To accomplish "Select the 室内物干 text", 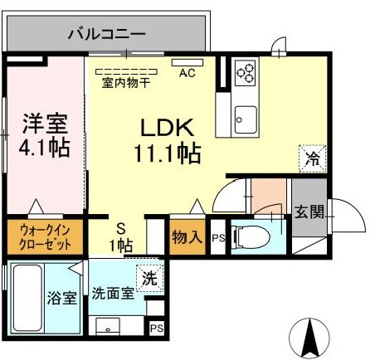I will [x=126, y=82].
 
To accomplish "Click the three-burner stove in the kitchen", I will [x=246, y=73].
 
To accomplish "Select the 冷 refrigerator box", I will [x=314, y=157].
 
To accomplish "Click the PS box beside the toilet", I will [x=218, y=238].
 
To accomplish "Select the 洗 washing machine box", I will [x=149, y=278].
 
